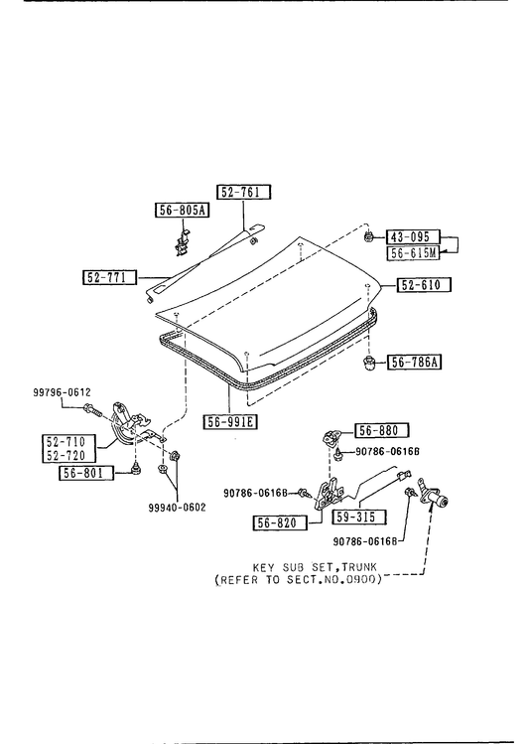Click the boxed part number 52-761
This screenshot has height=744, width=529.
(x=243, y=192)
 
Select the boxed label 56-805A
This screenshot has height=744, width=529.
(x=183, y=211)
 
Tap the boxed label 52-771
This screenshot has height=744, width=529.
(x=109, y=277)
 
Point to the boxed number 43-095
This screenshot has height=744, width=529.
(x=413, y=236)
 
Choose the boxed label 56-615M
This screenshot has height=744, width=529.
(x=413, y=253)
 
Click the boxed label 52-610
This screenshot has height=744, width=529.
(x=424, y=285)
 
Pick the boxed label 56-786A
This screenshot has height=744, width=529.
(x=415, y=363)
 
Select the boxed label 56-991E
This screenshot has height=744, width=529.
(x=231, y=421)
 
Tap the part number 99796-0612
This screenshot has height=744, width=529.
(x=63, y=392)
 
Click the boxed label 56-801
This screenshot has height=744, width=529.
(x=86, y=473)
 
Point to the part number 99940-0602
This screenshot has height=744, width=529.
(x=178, y=508)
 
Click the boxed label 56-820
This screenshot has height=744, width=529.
(x=280, y=522)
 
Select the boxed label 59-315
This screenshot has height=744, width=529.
(x=359, y=517)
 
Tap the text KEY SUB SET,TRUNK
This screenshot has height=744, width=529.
(x=315, y=567)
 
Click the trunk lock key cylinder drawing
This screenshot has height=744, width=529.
(x=432, y=496)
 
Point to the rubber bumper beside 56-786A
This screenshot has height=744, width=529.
(x=368, y=364)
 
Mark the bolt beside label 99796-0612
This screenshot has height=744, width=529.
(x=92, y=410)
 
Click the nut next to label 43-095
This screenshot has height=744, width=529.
(x=368, y=235)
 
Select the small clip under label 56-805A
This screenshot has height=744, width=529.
(x=182, y=242)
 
